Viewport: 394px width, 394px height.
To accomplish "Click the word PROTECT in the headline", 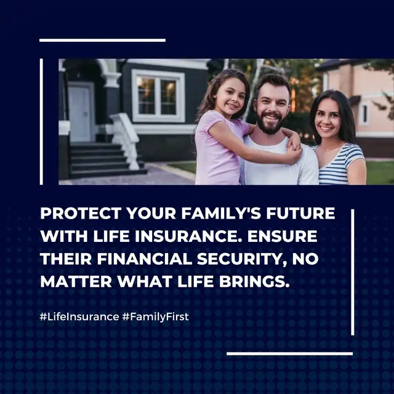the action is [x=81, y=214].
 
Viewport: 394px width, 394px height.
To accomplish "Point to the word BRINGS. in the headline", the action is [x=254, y=281].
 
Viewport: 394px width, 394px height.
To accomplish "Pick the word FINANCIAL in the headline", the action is [x=145, y=259].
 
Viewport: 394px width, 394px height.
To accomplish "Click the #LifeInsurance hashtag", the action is [x=79, y=316].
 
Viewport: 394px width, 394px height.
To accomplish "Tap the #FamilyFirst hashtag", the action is [x=155, y=317].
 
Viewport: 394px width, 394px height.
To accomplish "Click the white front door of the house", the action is [x=79, y=113].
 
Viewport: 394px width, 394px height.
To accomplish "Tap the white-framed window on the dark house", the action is [x=158, y=96].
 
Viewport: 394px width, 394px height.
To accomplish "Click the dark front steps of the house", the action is [x=105, y=160].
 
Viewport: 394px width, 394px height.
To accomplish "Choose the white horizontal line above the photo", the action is [x=103, y=40].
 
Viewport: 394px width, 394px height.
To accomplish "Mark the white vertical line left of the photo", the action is [x=41, y=122].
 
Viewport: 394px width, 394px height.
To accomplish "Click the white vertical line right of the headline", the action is [x=353, y=272].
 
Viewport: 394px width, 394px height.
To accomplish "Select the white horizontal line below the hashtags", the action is [x=290, y=354].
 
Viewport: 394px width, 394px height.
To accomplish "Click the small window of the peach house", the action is [x=364, y=115].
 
